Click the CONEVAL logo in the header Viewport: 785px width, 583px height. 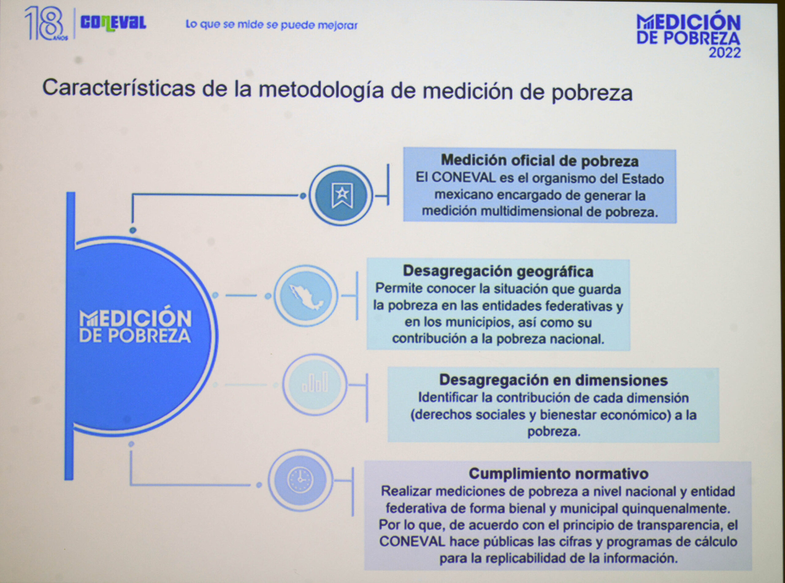(x=113, y=23)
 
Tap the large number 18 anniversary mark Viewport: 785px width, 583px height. (x=44, y=23)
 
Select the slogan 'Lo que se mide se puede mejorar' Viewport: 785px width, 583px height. (x=272, y=25)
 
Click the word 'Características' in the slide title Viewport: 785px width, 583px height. (x=119, y=87)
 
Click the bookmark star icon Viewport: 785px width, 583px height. (x=342, y=195)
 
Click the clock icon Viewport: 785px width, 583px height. (x=300, y=480)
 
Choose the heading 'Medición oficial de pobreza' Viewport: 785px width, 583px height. (x=540, y=161)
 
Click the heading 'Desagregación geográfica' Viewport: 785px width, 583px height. (x=498, y=271)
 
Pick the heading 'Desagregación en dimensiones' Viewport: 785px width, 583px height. (x=553, y=380)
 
